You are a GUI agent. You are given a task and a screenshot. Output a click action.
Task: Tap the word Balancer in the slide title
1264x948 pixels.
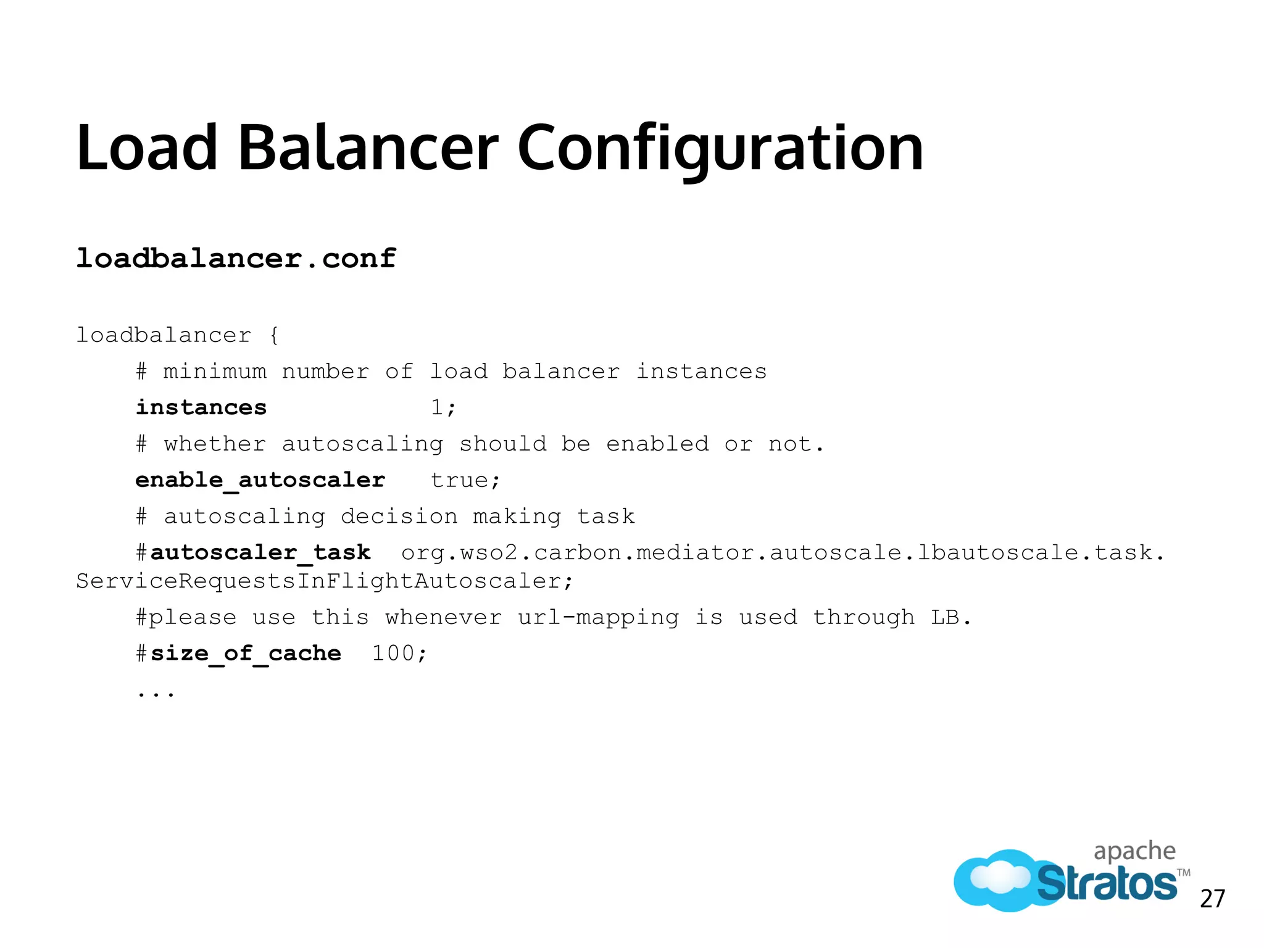[368, 148]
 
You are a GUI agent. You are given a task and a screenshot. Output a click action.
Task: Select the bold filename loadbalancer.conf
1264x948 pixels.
[236, 258]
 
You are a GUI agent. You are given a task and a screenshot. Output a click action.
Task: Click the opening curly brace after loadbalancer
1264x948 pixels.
[274, 336]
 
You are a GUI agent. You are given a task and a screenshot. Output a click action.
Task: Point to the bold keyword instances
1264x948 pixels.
[201, 408]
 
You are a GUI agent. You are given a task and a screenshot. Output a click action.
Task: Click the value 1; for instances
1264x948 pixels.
[443, 408]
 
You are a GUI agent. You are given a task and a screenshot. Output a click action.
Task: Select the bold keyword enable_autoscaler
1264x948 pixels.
[260, 480]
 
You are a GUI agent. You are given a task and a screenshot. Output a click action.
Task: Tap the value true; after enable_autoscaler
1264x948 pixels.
[465, 480]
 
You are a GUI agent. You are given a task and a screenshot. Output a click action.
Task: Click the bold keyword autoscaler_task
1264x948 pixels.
[260, 552]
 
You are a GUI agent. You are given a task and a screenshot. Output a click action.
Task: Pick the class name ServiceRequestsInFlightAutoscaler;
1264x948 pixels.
[325, 581]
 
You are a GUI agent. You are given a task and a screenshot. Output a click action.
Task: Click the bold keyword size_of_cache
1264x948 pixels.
[246, 653]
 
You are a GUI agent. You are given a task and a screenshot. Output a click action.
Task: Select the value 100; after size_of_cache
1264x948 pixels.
[399, 653]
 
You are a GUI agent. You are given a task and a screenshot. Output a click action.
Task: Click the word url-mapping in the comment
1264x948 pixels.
[598, 617]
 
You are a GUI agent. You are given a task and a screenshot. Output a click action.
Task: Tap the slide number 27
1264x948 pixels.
[1212, 899]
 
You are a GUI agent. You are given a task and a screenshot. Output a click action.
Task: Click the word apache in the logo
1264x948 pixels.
[1134, 852]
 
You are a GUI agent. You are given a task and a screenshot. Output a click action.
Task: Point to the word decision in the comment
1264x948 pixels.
[399, 517]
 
